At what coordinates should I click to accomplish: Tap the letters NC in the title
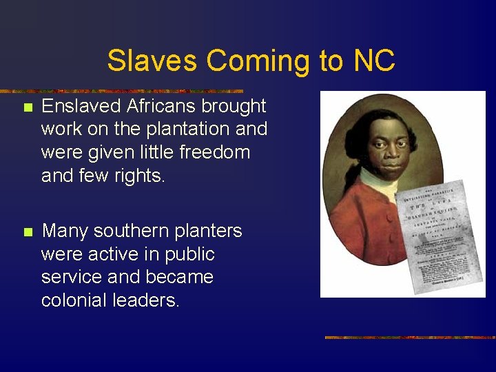click(374, 61)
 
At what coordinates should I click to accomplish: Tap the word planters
click(209, 231)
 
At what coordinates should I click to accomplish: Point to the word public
click(189, 255)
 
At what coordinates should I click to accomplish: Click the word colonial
click(72, 301)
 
